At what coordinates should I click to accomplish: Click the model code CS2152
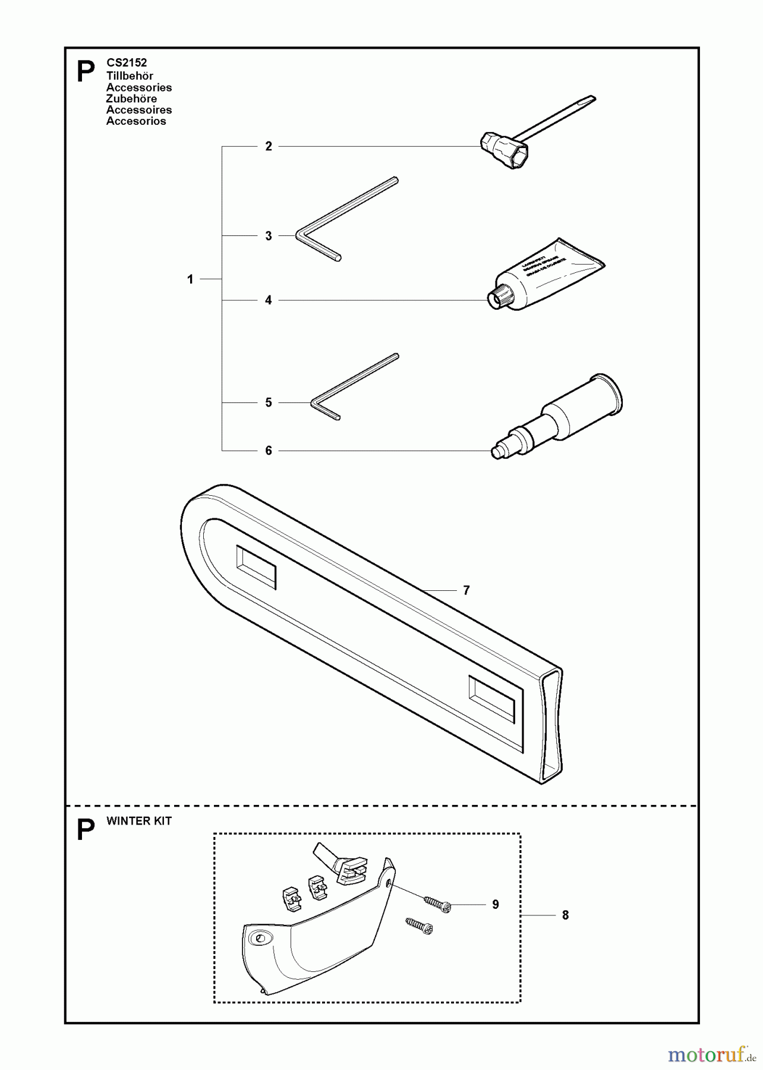[x=127, y=62]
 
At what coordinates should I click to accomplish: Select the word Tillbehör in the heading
[x=130, y=75]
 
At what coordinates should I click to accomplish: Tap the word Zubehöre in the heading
[x=131, y=99]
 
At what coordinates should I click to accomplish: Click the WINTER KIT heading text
[x=139, y=821]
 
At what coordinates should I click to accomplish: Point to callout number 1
[x=190, y=279]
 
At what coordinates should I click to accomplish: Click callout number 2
[x=269, y=146]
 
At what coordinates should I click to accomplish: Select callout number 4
[x=269, y=300]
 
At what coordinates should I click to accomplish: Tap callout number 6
[x=269, y=451]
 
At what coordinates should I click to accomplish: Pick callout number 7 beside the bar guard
[x=466, y=590]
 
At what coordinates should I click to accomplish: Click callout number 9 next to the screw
[x=496, y=904]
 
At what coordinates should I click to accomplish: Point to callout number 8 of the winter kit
[x=565, y=915]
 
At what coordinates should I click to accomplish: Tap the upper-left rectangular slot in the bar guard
[x=257, y=568]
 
